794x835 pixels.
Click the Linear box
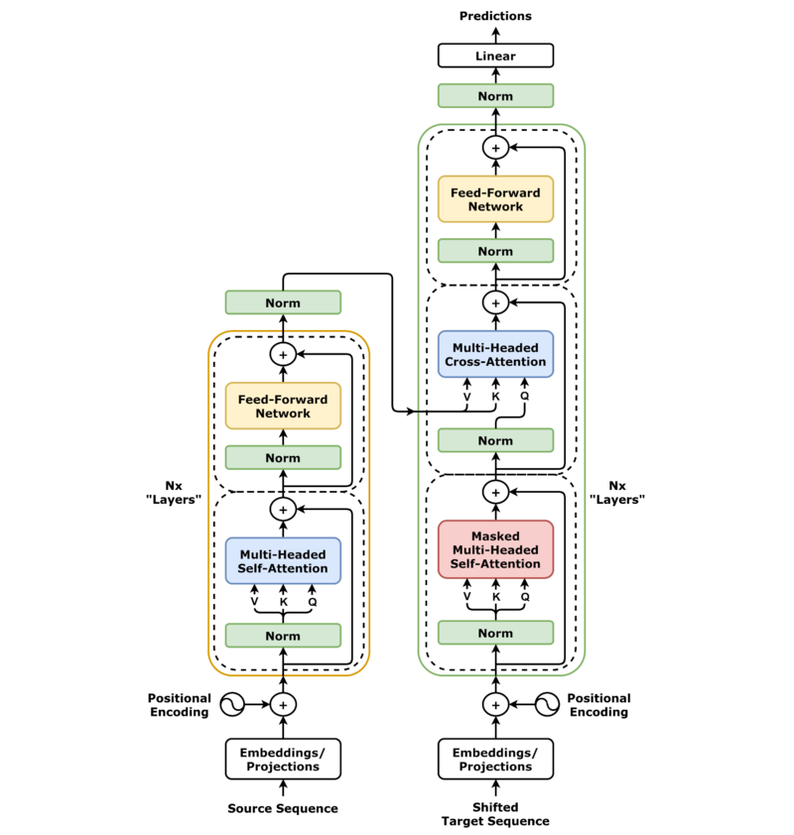point(495,56)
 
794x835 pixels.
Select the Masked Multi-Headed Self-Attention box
point(495,549)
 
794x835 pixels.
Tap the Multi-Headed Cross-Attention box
point(495,355)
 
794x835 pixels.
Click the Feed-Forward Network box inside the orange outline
point(283,406)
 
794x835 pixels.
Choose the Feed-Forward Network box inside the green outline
point(495,199)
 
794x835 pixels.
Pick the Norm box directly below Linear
point(495,96)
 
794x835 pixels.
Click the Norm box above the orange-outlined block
point(283,302)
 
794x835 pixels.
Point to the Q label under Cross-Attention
point(524,397)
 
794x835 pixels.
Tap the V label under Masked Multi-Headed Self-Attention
point(466,596)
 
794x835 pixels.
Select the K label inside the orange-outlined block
point(283,602)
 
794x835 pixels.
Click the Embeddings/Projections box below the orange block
point(283,759)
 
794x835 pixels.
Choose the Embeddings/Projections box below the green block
point(495,759)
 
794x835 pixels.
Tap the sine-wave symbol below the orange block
point(231,705)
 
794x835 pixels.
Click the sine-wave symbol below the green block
point(547,705)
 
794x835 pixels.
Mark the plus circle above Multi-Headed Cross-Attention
point(495,302)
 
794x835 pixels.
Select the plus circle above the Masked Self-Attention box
point(495,492)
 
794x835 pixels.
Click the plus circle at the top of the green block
point(495,148)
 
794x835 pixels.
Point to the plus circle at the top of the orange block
point(283,354)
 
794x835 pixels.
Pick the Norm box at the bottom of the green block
point(495,633)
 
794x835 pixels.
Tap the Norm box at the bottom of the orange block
point(283,636)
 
